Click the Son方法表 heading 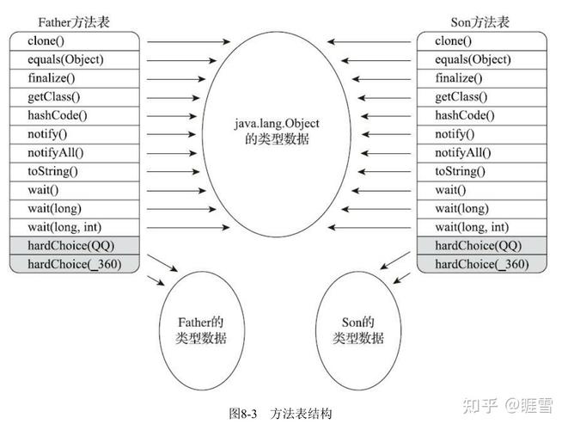coord(481,21)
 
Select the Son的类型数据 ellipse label coord(357,331)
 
